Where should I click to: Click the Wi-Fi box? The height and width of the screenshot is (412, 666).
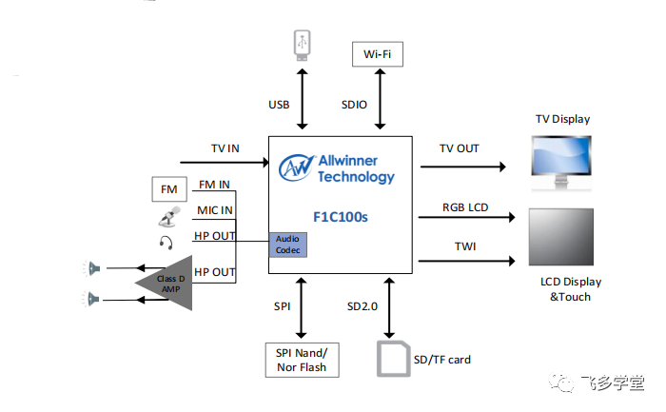(x=378, y=54)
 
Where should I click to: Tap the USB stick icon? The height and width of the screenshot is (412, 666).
(x=303, y=46)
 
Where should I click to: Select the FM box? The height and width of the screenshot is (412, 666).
(x=169, y=189)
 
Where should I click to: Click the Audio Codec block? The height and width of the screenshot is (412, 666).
(x=288, y=245)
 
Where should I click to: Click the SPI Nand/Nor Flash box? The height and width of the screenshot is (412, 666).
(x=302, y=359)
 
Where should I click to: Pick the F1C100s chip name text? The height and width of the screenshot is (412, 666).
(x=341, y=217)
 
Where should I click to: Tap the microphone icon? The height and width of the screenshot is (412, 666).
(x=167, y=218)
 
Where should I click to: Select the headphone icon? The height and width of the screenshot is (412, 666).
(x=167, y=242)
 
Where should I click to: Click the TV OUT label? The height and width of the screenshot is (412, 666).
(x=460, y=148)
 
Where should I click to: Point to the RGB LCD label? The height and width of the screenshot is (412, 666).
(x=466, y=206)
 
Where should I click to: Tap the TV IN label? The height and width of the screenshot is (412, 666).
(x=225, y=148)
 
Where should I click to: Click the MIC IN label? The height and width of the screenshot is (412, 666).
(x=215, y=210)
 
